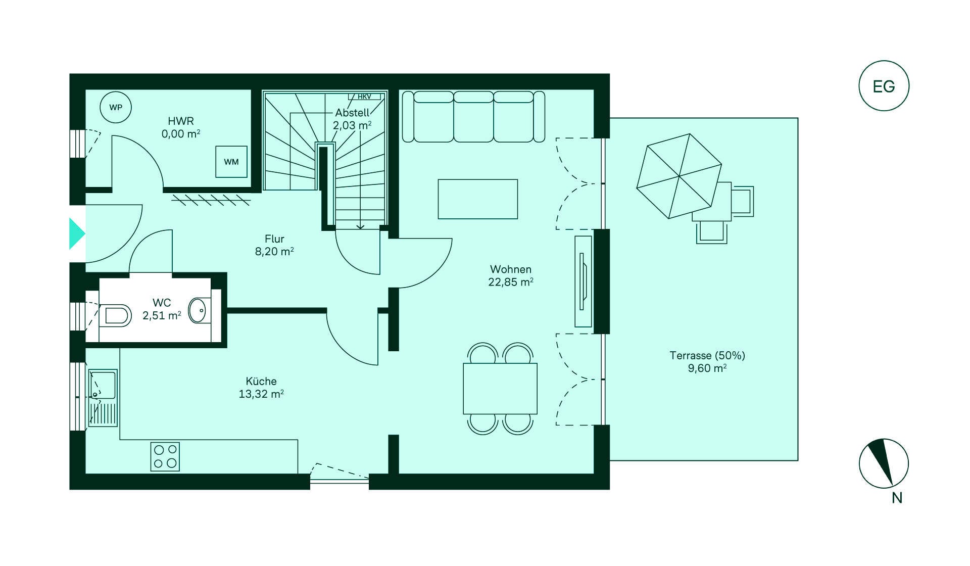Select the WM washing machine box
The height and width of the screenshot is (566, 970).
coord(231,162)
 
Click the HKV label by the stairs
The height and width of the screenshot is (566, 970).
coord(364,97)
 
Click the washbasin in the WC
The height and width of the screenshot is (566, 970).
coord(198,310)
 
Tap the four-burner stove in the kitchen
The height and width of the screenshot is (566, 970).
coord(165,456)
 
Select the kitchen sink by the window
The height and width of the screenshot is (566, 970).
coord(103,397)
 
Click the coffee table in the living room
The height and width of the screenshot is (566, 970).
coord(477,199)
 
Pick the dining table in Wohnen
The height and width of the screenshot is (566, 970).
coord(500,389)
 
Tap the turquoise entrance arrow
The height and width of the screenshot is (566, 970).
coord(77,233)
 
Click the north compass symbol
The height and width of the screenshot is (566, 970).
coord(884,463)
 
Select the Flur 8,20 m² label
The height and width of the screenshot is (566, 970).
coord(274,245)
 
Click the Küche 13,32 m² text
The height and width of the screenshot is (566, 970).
coord(261,388)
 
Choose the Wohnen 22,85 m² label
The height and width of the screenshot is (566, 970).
coord(511,276)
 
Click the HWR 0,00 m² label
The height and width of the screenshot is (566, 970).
coord(181,127)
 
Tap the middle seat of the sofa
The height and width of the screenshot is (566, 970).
coord(473,117)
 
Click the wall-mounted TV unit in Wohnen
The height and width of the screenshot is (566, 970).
coord(583,281)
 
